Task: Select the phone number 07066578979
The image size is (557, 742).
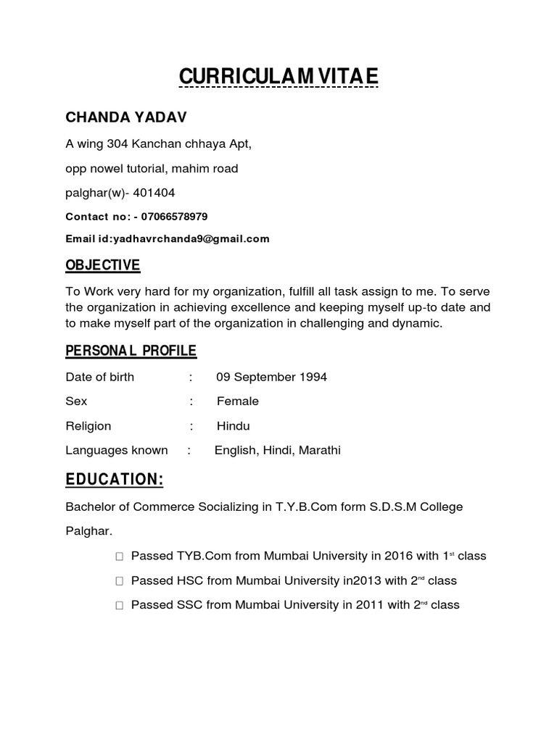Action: click(x=174, y=217)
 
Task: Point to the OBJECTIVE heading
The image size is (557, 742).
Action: click(x=103, y=266)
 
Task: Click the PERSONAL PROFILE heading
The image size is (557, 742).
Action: click(x=131, y=351)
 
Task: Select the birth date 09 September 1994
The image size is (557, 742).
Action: click(x=271, y=378)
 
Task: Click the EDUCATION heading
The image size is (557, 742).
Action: click(x=115, y=480)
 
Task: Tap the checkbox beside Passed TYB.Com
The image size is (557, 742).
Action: click(x=119, y=557)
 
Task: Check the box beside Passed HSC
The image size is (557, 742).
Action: click(x=119, y=581)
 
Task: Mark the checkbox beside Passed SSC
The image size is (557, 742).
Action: click(x=119, y=606)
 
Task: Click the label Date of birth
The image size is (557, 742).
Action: click(x=100, y=378)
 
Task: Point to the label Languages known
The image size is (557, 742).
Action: click(x=117, y=451)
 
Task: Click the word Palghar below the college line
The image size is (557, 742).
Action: click(x=87, y=531)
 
